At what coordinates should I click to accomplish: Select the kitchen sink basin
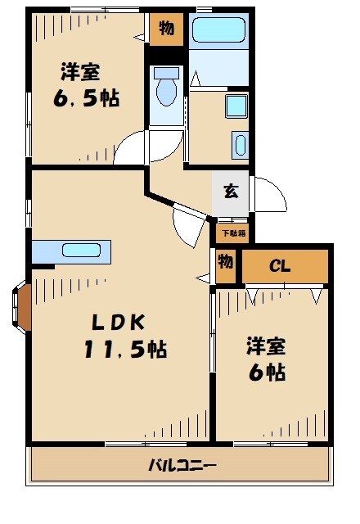pos(81,251)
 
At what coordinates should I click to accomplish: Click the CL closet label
pos(280,266)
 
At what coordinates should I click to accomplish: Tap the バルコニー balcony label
pos(182,465)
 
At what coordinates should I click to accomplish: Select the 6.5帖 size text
pos(86,98)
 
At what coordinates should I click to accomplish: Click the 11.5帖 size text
pos(125,350)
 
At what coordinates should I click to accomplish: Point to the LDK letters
pos(118,323)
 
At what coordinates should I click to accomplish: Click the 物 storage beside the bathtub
pos(166,29)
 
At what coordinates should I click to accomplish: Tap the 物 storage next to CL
pos(226,265)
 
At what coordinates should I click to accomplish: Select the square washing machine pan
pos(236,106)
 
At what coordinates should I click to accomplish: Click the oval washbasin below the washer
pos(241,145)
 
